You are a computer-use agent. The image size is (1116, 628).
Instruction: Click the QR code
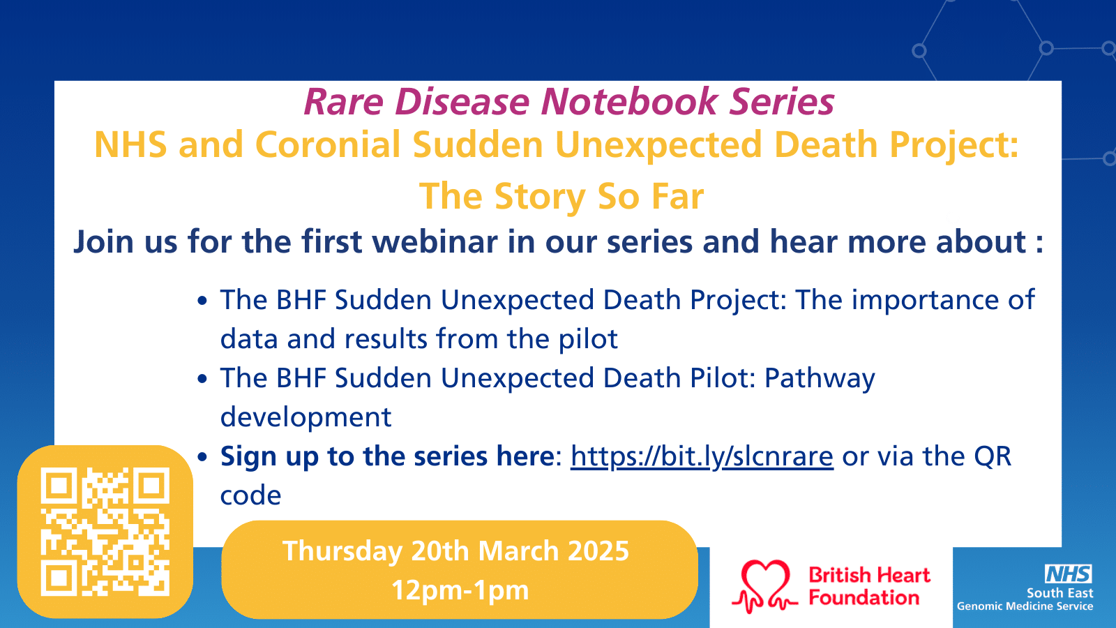click(x=105, y=531)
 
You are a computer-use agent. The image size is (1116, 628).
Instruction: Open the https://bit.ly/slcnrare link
click(x=702, y=456)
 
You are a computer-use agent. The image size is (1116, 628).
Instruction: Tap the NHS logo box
click(x=1068, y=574)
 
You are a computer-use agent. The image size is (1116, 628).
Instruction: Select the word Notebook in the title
click(x=629, y=102)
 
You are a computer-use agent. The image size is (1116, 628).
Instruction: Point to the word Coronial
click(x=328, y=145)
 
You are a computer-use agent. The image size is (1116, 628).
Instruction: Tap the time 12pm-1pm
click(x=460, y=590)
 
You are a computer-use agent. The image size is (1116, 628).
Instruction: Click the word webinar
click(x=435, y=241)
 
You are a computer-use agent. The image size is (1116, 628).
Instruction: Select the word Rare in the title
click(x=344, y=102)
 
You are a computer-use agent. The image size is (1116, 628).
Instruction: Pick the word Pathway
click(x=820, y=379)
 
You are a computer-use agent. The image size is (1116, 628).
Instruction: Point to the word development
click(x=306, y=418)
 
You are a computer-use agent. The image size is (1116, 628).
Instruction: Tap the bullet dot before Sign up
click(x=202, y=458)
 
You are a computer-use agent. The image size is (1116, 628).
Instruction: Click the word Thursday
click(x=342, y=552)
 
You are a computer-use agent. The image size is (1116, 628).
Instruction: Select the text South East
click(x=1060, y=593)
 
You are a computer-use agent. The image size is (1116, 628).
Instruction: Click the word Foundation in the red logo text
click(x=864, y=597)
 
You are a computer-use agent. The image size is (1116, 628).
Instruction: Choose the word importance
click(x=925, y=301)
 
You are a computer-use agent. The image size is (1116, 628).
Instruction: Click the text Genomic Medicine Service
click(x=1025, y=606)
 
